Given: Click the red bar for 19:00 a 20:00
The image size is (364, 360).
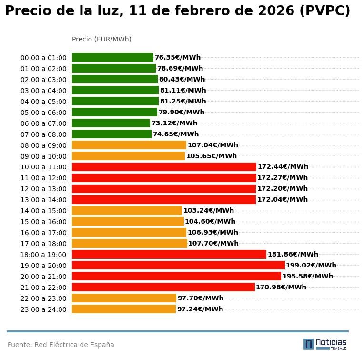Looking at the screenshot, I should tap(178, 265).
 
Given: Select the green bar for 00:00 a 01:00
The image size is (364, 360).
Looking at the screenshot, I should tap(112, 58).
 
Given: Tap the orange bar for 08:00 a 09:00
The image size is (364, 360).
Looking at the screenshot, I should tap(129, 145).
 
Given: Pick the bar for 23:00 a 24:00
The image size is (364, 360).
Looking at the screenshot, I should tap(124, 309).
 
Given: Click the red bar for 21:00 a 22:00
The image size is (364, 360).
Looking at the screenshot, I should tap(163, 287).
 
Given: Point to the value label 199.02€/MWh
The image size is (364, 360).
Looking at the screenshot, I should tap(311, 265).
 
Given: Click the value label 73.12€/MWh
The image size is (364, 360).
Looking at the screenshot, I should tap(174, 123).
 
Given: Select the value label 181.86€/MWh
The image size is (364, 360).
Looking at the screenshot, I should tap(293, 254).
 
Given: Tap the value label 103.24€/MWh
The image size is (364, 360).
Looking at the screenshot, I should tap(208, 210).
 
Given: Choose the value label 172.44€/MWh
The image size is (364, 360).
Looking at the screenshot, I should tap(283, 167).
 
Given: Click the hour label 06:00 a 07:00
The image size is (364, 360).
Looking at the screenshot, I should tap(43, 123).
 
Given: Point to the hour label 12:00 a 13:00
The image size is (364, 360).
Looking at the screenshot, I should tap(43, 189).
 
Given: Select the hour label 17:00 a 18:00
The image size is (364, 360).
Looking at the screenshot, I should tap(43, 244).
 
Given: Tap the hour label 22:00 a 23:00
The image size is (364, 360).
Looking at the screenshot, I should tap(43, 298).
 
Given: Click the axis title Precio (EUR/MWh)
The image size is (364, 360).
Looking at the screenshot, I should tap(101, 39).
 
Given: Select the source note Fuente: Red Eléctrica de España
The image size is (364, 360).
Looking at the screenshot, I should tap(61, 345).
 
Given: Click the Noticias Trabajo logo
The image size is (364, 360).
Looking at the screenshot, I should tap(325, 343).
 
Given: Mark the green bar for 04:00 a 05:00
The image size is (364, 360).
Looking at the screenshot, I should tap(115, 101).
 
